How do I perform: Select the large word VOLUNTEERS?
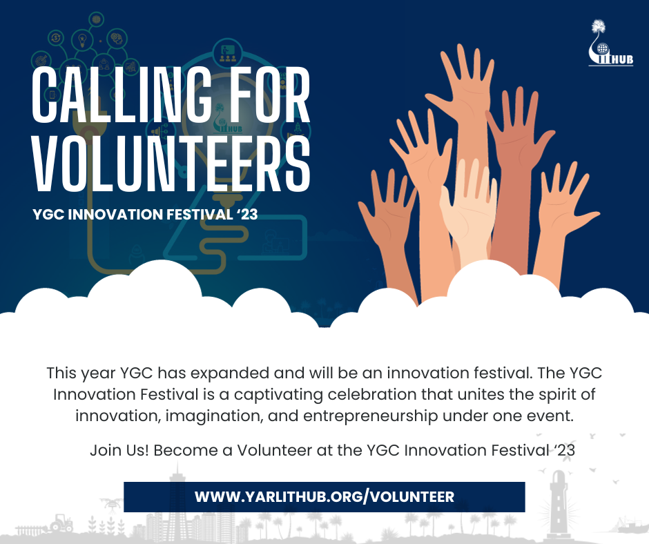[x=171, y=164]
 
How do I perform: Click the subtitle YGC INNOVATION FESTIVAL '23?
[x=145, y=215]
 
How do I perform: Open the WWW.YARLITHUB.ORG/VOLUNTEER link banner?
[x=324, y=497]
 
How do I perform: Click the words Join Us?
[x=119, y=450]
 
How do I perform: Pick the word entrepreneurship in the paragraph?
[x=371, y=416]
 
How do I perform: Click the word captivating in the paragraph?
[x=278, y=395]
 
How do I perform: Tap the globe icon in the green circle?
[x=97, y=19]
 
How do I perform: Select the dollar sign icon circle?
[x=56, y=39]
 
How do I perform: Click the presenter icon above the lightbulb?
[x=227, y=52]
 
